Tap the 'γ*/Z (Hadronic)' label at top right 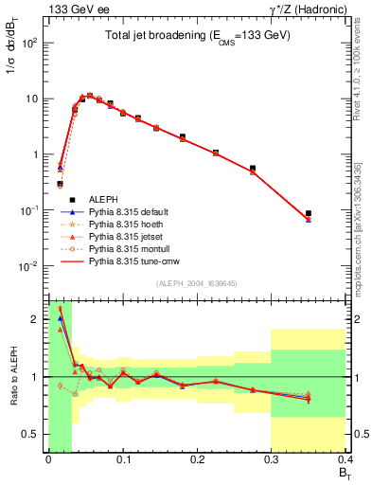pos(305,9)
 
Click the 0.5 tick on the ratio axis pos(34,434)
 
